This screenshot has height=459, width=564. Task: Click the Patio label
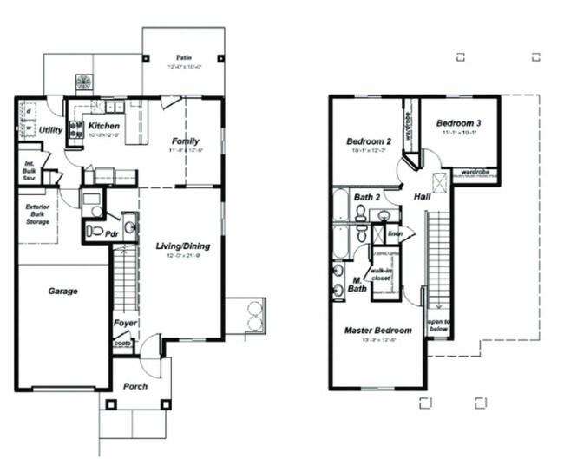(184, 57)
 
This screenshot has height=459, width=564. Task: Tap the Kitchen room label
(104, 126)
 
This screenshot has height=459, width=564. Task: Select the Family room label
(184, 141)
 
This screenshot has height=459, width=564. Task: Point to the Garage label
(62, 291)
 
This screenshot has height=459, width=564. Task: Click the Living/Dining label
(182, 246)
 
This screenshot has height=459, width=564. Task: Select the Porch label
(134, 386)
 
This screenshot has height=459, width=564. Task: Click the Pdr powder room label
(112, 233)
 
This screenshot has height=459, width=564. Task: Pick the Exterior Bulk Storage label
(37, 214)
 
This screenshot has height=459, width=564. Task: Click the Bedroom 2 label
(370, 141)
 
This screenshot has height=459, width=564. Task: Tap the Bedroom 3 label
(458, 123)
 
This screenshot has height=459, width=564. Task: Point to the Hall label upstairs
(423, 196)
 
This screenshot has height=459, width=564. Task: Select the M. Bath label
(357, 283)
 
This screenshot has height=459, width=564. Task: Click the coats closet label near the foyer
(123, 344)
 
